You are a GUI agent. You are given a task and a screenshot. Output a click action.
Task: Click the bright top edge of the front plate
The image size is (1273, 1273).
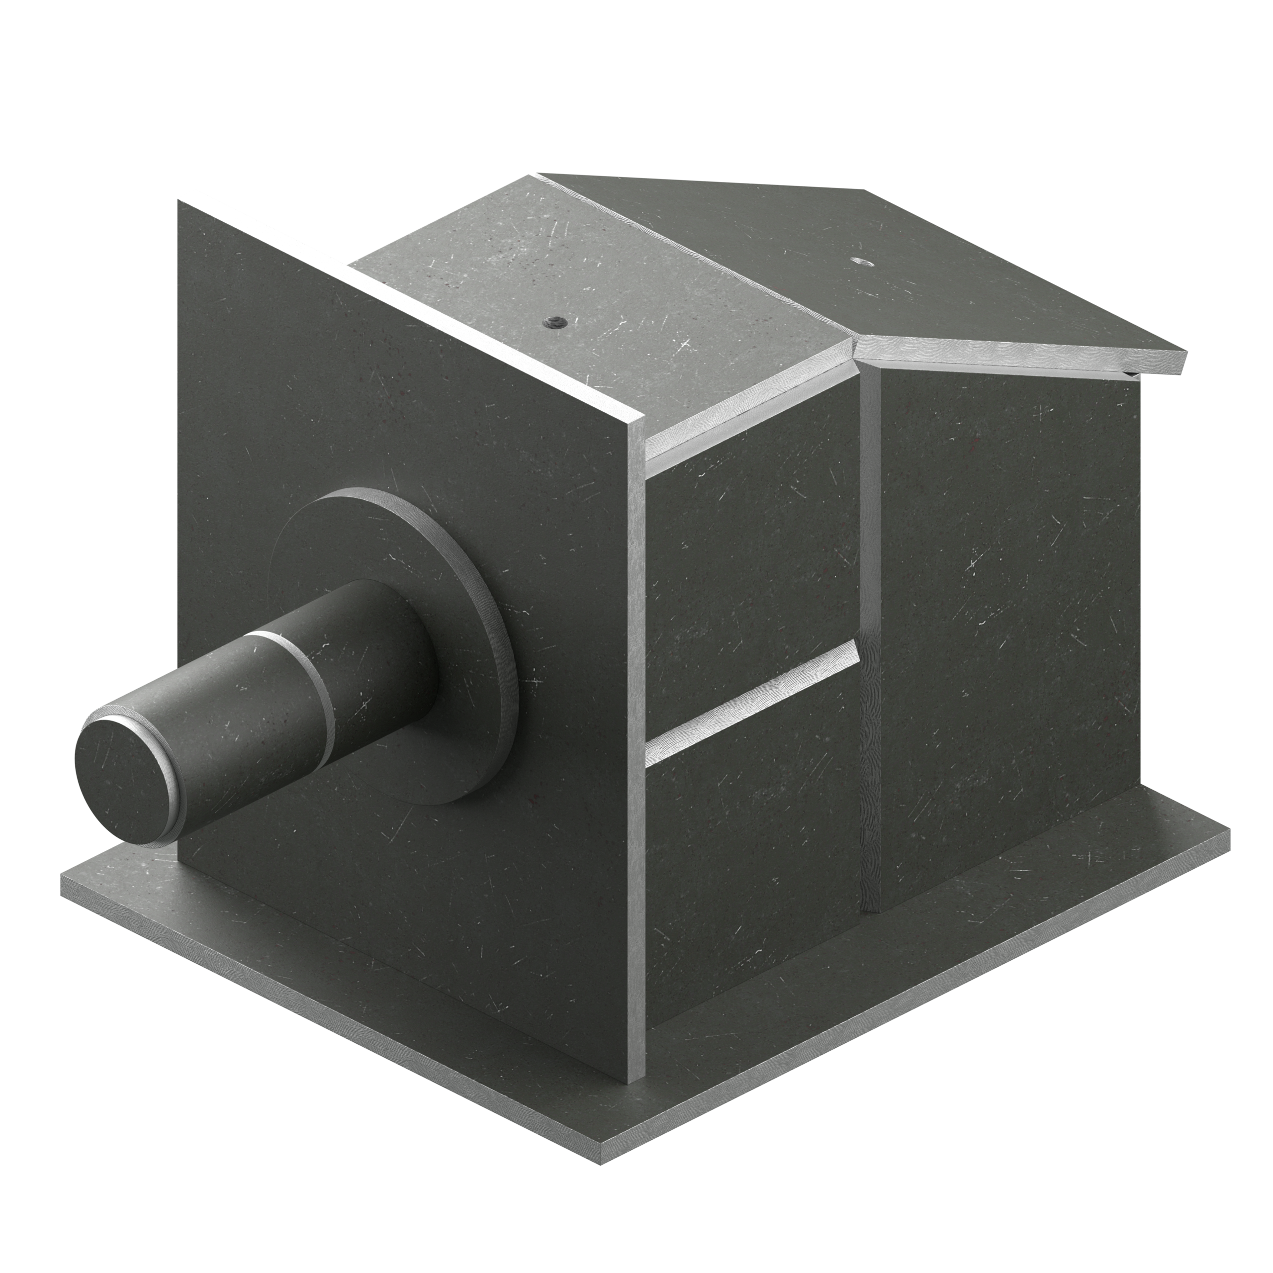[409, 303]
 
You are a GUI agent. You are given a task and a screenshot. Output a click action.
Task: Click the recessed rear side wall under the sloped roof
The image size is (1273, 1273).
[1008, 593]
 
